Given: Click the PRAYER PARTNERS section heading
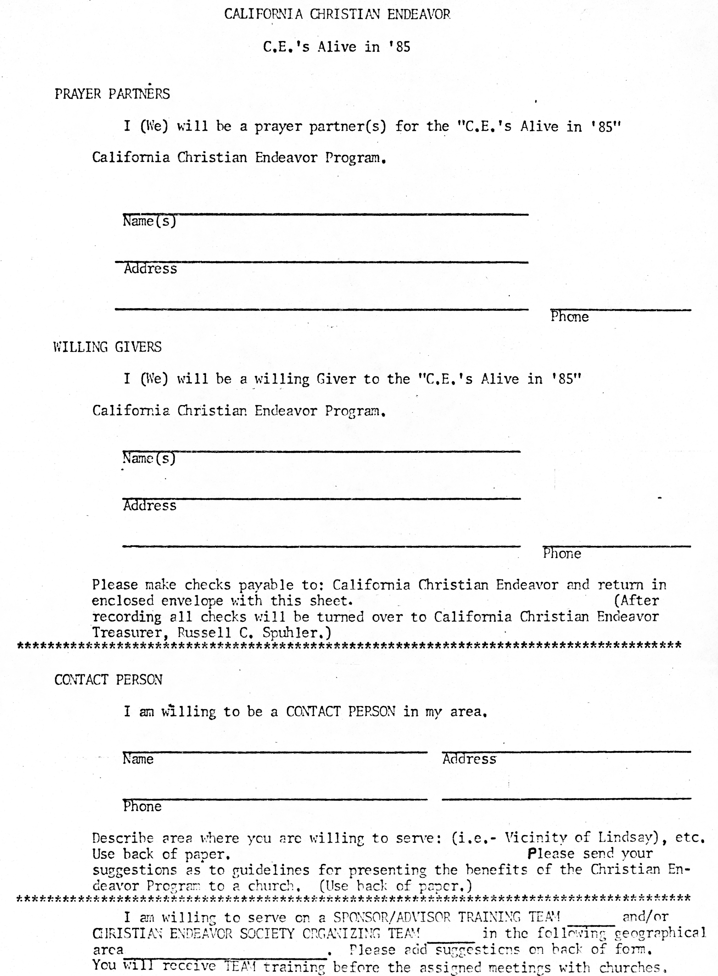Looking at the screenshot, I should pyautogui.click(x=112, y=94).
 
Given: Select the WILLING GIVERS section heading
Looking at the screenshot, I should pyautogui.click(x=107, y=347).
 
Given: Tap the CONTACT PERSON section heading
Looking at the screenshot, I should pyautogui.click(x=108, y=680).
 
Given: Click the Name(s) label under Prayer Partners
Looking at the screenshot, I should pyautogui.click(x=149, y=221).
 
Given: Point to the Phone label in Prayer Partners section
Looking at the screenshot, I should pyautogui.click(x=569, y=317).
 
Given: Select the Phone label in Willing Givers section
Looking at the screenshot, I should pyautogui.click(x=562, y=553).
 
